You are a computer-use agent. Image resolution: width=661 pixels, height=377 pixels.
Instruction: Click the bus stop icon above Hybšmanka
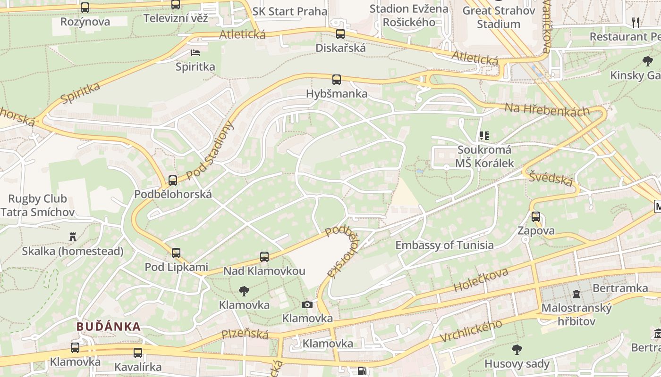[336, 80]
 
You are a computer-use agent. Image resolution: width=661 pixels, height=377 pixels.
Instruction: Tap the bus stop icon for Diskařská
[340, 34]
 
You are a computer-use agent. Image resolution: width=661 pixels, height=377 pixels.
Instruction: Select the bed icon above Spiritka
[195, 53]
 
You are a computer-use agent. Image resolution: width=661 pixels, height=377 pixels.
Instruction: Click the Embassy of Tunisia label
[444, 245]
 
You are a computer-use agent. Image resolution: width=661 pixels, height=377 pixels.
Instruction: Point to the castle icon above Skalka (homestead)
[72, 237]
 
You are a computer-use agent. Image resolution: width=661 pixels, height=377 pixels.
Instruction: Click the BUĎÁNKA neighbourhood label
[109, 326]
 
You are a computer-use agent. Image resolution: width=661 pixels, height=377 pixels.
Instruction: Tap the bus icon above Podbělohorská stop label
[173, 180]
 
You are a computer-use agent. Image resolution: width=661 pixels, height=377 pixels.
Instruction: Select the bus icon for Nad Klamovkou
[264, 257]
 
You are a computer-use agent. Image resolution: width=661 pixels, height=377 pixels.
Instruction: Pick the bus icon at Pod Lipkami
[176, 253]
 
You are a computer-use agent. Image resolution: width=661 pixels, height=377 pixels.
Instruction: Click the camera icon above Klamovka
[307, 304]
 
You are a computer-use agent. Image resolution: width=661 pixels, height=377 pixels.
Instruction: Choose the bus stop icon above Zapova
[535, 217]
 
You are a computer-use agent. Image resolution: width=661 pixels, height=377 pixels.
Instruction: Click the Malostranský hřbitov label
[576, 315]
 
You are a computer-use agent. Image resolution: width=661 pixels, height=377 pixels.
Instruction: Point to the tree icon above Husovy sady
[517, 350]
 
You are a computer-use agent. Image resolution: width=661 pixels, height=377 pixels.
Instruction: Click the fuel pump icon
[361, 371]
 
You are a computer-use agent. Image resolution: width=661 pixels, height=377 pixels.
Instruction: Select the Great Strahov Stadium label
[499, 17]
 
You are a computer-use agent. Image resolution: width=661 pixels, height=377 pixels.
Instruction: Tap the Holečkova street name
[481, 279]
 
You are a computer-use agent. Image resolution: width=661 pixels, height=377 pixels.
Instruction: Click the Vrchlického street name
[471, 331]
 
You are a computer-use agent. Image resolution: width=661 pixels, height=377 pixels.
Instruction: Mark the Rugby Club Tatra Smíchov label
[37, 205]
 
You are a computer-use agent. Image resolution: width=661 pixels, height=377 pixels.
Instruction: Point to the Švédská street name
[551, 179]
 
